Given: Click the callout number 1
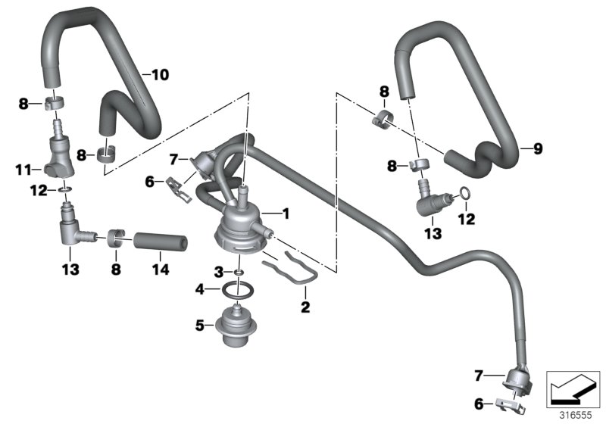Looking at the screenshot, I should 286,214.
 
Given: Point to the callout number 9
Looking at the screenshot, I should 538,149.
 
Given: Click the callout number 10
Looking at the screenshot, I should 161,75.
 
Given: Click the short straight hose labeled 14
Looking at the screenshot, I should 161,244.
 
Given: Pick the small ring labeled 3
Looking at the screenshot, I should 239,271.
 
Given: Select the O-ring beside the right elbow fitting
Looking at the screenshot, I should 466,199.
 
